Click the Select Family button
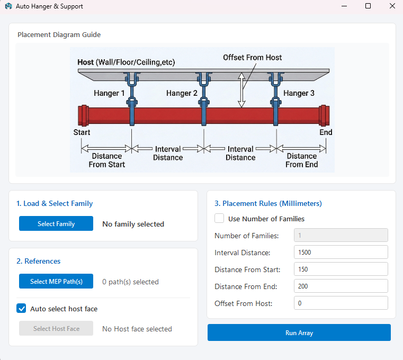click(x=56, y=223)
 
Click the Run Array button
click(x=299, y=332)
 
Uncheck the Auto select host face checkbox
click(x=21, y=308)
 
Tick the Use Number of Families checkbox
click(x=219, y=219)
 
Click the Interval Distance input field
click(x=341, y=252)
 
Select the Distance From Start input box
click(x=341, y=269)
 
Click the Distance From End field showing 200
click(x=341, y=286)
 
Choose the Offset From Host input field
click(x=341, y=303)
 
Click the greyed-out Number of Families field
click(x=341, y=235)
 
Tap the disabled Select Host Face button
click(x=56, y=328)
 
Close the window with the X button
click(x=392, y=6)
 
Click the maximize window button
click(x=368, y=6)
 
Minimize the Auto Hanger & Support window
click(x=344, y=6)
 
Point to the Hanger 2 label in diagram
click(x=182, y=93)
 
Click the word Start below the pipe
click(x=82, y=132)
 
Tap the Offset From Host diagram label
click(x=253, y=57)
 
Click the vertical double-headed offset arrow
click(x=241, y=89)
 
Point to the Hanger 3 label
click(x=299, y=93)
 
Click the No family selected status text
click(x=133, y=224)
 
